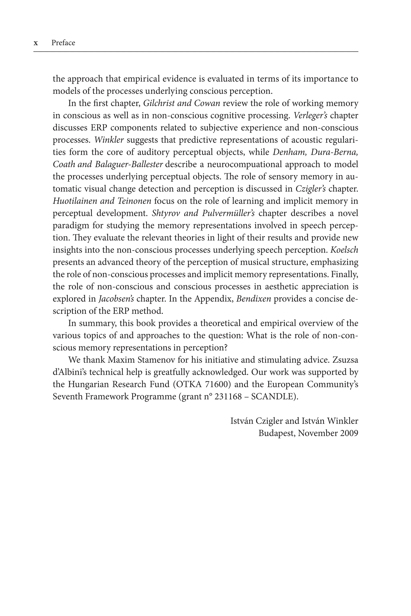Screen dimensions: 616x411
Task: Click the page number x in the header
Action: [36, 43]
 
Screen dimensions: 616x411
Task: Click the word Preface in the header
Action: [63, 43]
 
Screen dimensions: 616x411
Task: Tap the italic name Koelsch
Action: [344, 250]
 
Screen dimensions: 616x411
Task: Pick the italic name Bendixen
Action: [253, 299]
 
